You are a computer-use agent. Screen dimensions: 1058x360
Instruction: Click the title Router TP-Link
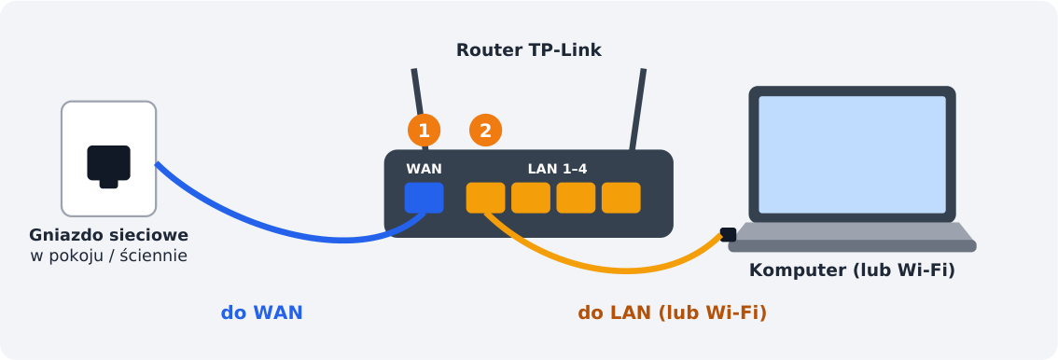pos(528,50)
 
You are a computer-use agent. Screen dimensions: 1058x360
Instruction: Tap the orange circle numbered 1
pos(424,131)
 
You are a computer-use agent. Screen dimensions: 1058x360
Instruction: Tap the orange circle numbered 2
pos(486,131)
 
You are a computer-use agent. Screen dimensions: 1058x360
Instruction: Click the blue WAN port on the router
pos(424,198)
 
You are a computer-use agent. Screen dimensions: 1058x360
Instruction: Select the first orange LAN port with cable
pos(486,198)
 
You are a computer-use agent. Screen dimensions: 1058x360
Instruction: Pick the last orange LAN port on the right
pos(621,198)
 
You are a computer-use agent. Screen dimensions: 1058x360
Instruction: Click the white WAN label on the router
pos(424,169)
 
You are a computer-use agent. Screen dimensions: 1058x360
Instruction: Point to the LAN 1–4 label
pos(557,169)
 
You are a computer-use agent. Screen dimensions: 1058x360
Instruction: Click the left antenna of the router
pos(420,108)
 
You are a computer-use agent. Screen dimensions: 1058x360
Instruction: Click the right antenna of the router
pos(637,108)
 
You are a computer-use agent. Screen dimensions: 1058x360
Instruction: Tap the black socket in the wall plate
pos(108,165)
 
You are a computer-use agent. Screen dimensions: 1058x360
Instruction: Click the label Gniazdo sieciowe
pos(108,235)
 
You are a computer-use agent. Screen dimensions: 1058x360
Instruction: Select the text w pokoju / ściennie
pos(108,256)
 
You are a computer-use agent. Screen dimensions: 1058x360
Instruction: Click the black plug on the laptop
pos(728,235)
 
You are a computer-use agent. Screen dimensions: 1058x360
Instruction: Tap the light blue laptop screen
pos(852,155)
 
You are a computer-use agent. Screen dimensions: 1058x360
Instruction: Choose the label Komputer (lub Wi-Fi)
pos(852,270)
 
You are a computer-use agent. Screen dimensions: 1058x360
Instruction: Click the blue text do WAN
pos(262,312)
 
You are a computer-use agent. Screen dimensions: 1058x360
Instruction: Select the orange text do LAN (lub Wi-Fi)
pos(672,312)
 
